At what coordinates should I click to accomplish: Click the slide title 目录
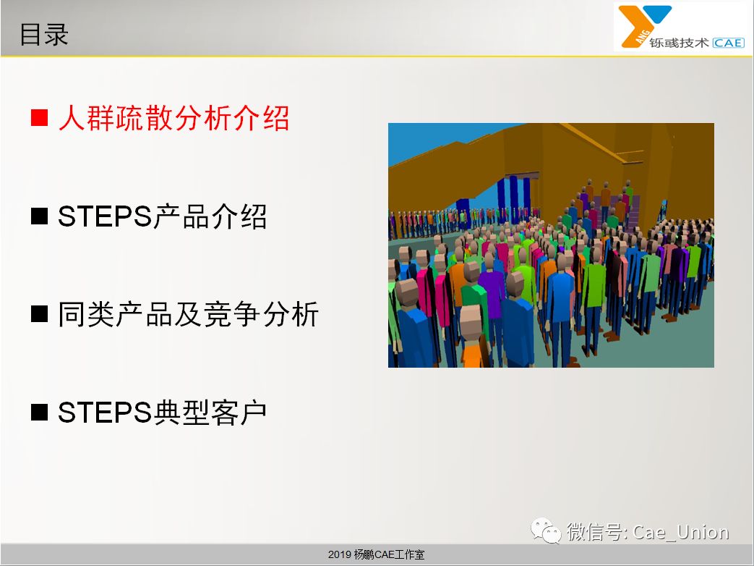[x=44, y=35]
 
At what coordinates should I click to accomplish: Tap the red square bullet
[x=40, y=117]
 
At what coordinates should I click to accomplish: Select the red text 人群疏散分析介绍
[x=173, y=117]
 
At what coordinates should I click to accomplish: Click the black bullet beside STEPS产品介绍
[x=40, y=216]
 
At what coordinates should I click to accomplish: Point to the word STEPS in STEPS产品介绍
[x=105, y=216]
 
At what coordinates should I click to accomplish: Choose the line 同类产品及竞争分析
[x=188, y=314]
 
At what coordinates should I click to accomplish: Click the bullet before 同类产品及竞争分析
[x=40, y=314]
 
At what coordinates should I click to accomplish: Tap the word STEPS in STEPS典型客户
[x=105, y=413]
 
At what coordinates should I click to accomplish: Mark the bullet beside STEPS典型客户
[x=40, y=413]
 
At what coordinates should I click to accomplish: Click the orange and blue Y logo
[x=643, y=25]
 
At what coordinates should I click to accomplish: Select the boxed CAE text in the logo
[x=729, y=43]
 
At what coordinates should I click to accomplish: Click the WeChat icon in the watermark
[x=546, y=531]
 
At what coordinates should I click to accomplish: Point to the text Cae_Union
[x=681, y=532]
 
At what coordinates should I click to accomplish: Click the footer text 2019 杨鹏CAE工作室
[x=376, y=554]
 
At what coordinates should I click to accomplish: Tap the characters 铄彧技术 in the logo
[x=679, y=43]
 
